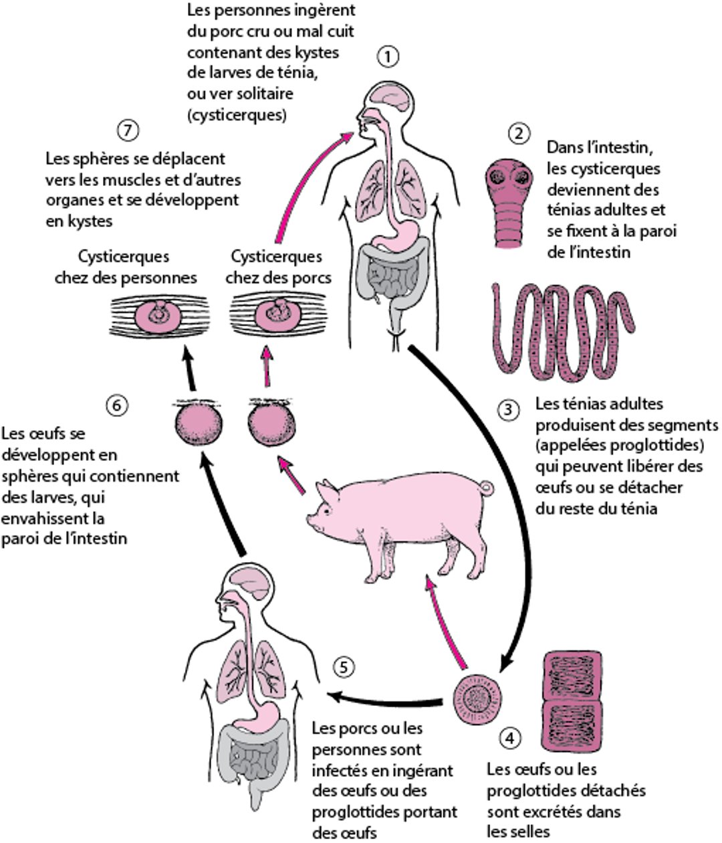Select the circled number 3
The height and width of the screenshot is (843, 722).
[x=509, y=408]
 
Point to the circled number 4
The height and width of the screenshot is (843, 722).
[x=510, y=739]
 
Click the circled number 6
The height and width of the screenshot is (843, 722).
[x=117, y=405]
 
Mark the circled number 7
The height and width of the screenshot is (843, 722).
[x=126, y=130]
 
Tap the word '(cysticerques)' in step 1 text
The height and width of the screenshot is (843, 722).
[x=237, y=114]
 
